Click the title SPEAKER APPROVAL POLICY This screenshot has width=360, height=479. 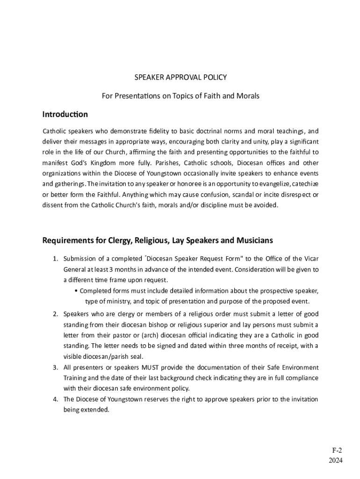[x=180, y=77]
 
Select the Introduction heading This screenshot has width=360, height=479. [x=65, y=115]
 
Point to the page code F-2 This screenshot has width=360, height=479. [x=337, y=450]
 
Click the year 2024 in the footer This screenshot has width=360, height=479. [x=335, y=460]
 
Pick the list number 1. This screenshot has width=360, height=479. [x=55, y=259]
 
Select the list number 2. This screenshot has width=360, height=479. [x=55, y=314]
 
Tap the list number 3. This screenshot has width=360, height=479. [x=55, y=367]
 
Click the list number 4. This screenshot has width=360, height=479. [x=55, y=399]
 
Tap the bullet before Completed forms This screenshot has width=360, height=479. [x=76, y=291]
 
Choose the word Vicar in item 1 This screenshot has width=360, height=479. [x=310, y=259]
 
